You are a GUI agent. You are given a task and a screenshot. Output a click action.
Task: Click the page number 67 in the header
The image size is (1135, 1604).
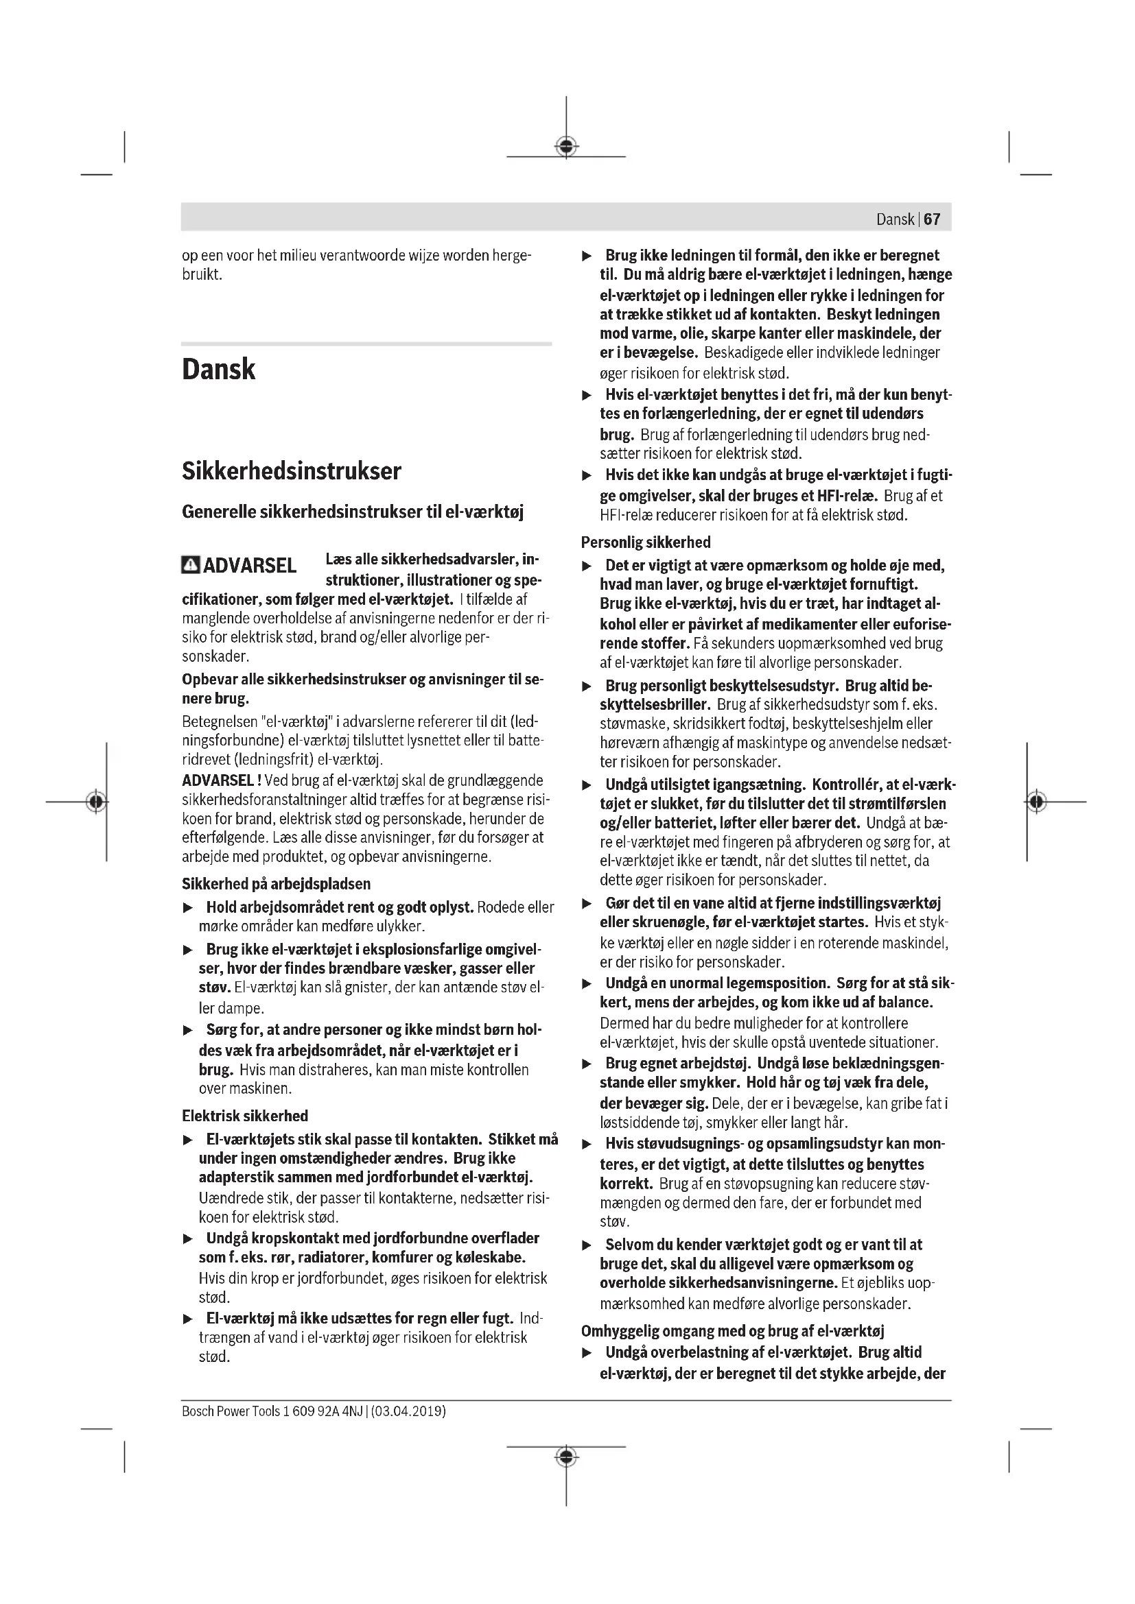(932, 219)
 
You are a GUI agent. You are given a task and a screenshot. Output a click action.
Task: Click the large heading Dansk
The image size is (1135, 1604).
(219, 370)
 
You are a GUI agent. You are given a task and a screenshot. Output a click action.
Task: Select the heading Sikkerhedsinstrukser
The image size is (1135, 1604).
(292, 471)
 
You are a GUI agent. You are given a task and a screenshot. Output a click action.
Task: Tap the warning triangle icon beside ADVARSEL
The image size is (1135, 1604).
(190, 564)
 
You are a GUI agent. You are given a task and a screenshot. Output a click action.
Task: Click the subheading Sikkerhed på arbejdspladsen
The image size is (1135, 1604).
(276, 884)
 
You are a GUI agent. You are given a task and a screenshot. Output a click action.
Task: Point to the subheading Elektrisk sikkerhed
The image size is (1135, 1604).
(244, 1116)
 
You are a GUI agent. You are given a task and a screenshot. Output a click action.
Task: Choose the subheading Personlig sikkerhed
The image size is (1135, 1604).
(646, 542)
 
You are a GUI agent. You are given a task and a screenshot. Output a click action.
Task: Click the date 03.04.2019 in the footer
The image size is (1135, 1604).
(409, 1411)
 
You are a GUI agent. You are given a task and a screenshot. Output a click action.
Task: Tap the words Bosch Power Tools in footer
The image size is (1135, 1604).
(231, 1411)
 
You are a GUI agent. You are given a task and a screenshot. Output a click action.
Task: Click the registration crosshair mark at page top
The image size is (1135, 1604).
(566, 147)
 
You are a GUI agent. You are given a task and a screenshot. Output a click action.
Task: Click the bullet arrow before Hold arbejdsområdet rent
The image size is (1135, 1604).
(187, 908)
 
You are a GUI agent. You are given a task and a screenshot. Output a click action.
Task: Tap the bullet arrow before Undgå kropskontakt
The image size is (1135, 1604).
(187, 1238)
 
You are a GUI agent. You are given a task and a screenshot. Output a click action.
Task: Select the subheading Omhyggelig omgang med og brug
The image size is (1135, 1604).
(733, 1331)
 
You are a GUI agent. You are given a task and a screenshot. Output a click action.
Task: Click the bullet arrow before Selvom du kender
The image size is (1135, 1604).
(587, 1245)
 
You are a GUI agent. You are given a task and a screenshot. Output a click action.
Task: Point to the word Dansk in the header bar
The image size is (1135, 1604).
(896, 219)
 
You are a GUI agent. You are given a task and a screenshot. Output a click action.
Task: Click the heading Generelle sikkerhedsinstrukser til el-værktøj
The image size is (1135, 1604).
(352, 512)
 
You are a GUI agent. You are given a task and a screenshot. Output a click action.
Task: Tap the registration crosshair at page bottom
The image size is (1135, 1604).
(566, 1457)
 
